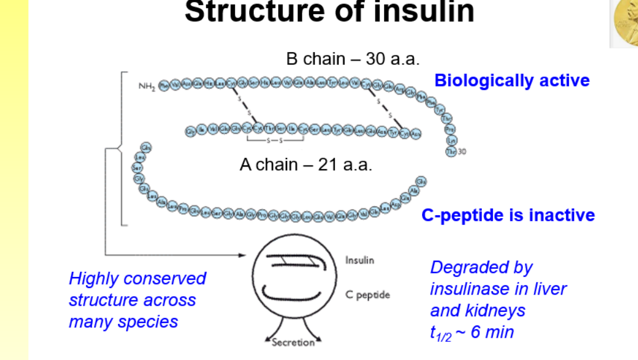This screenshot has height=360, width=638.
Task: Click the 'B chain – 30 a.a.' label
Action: tap(353, 59)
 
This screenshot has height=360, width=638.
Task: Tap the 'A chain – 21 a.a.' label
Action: tap(306, 165)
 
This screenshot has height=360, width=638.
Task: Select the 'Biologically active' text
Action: tap(512, 81)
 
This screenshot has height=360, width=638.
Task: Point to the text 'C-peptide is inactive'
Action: tap(508, 215)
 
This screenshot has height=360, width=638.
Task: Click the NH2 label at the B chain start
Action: tap(146, 86)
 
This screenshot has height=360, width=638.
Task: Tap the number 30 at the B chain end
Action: tap(463, 152)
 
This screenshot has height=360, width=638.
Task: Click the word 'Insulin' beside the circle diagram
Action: tap(360, 260)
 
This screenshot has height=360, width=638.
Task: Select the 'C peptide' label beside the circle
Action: tap(367, 295)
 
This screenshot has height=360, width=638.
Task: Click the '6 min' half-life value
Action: tap(492, 333)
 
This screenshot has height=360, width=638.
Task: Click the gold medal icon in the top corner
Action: tap(625, 23)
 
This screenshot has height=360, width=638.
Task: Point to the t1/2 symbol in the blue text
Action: tap(440, 334)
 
